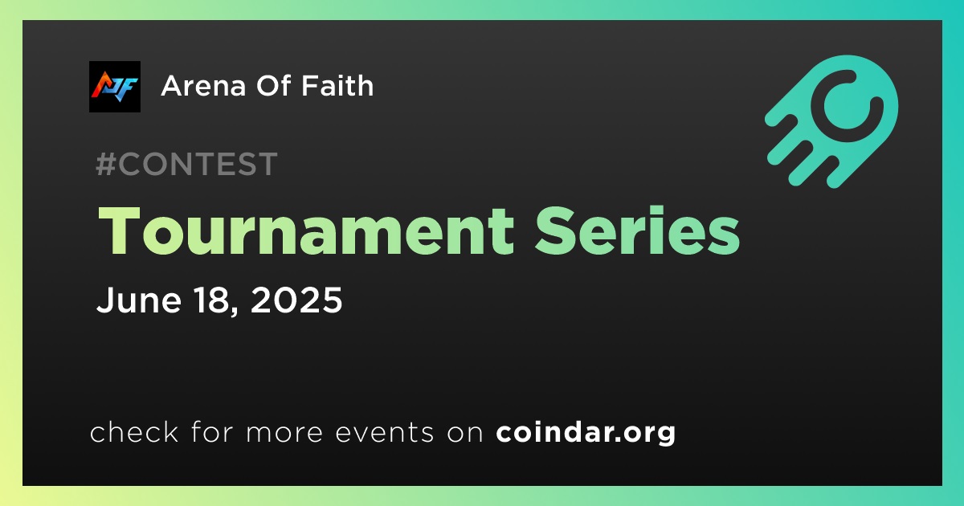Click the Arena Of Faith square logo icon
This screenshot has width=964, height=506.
coord(115,87)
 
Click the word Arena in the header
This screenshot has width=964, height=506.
coord(204,86)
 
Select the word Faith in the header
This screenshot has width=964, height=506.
coord(337,85)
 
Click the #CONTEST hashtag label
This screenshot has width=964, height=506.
coord(186,164)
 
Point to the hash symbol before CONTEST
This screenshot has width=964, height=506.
coord(106,164)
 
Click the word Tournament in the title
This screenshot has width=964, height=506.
coord(306,231)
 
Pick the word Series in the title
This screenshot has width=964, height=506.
coord(637,231)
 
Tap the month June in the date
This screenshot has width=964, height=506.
coord(139,300)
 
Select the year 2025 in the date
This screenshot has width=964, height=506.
coord(296,300)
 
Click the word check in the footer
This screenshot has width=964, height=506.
coord(134,432)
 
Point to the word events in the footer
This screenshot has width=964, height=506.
coord(384,433)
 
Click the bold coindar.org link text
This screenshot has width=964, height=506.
coord(586,433)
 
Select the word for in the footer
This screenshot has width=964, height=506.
coord(212,432)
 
